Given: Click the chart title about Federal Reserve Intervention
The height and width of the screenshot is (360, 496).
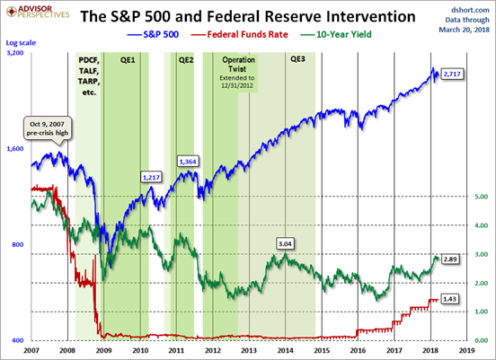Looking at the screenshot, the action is (x=248, y=16).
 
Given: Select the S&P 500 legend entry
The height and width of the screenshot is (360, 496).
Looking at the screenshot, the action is (x=153, y=34).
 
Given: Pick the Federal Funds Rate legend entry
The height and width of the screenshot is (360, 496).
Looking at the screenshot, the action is (x=239, y=34).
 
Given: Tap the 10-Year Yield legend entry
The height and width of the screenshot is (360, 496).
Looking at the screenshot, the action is (x=336, y=34).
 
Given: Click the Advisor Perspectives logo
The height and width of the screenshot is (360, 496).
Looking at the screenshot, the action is (x=38, y=12).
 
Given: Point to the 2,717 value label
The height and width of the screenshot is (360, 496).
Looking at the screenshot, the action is (x=452, y=75).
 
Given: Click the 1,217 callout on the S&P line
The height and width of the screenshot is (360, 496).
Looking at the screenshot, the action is (x=151, y=178).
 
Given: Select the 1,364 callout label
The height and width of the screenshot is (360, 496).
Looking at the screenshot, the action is (x=188, y=162).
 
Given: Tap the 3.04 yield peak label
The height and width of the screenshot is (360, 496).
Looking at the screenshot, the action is (x=285, y=244).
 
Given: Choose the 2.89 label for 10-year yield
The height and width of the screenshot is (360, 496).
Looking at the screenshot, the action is (x=450, y=259).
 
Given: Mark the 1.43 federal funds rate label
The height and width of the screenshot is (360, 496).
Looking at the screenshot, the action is (x=450, y=299).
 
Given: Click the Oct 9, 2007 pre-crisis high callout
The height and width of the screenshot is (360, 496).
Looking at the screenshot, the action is (x=48, y=128).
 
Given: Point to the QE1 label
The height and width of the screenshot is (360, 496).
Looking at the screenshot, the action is (x=128, y=60).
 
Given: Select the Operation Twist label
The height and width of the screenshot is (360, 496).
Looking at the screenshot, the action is (x=238, y=64).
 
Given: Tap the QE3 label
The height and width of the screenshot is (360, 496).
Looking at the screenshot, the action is (x=297, y=59).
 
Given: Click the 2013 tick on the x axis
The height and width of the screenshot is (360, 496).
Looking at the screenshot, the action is (x=249, y=350).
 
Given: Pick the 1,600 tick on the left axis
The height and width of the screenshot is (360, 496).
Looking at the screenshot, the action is (x=15, y=149).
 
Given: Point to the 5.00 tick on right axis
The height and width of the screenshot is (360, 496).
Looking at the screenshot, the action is (x=481, y=197).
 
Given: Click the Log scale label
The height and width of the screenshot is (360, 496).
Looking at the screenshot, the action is (x=21, y=43).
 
